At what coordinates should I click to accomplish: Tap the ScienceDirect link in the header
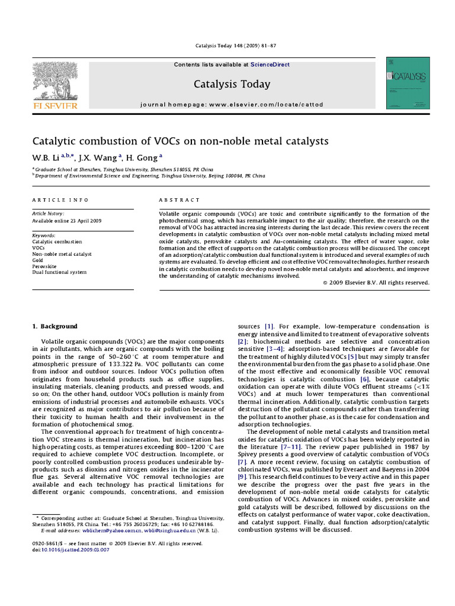270,65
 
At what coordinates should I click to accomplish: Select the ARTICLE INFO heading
60,200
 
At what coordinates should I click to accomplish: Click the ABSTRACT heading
180,200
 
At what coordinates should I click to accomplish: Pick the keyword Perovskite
45,266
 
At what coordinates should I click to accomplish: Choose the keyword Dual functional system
59,272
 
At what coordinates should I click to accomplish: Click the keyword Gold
38,260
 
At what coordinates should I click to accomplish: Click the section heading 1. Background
55,326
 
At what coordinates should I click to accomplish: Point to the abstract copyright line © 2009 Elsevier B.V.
376,283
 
